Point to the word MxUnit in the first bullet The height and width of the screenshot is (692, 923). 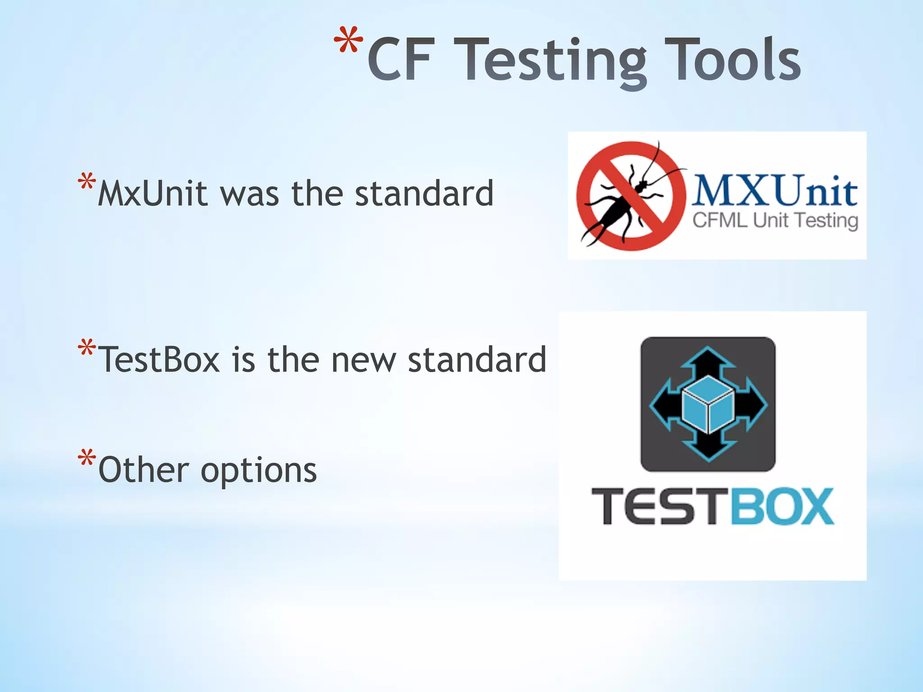click(x=152, y=194)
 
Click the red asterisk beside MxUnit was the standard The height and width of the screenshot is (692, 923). click(x=87, y=182)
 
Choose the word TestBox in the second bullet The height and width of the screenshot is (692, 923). click(x=159, y=360)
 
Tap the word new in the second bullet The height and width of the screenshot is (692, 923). click(x=363, y=360)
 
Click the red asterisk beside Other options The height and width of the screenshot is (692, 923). click(x=87, y=459)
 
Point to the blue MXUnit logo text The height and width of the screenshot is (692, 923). click(x=774, y=191)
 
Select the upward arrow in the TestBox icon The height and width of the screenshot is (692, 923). click(x=708, y=360)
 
